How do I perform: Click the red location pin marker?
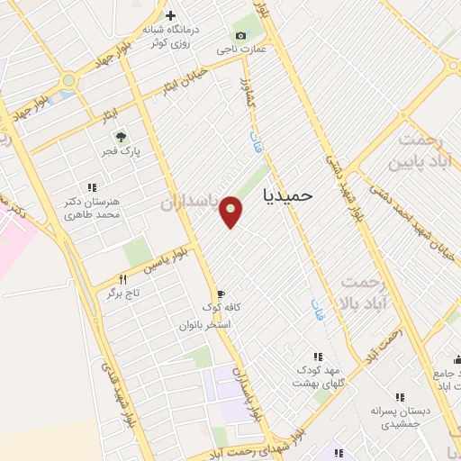pyautogui.click(x=231, y=211)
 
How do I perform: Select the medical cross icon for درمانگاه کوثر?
pyautogui.click(x=171, y=15)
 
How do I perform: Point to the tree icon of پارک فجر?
pyautogui.click(x=120, y=137)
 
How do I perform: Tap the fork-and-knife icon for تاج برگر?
pyautogui.click(x=123, y=280)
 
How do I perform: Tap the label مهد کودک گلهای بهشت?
pyautogui.click(x=318, y=376)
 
